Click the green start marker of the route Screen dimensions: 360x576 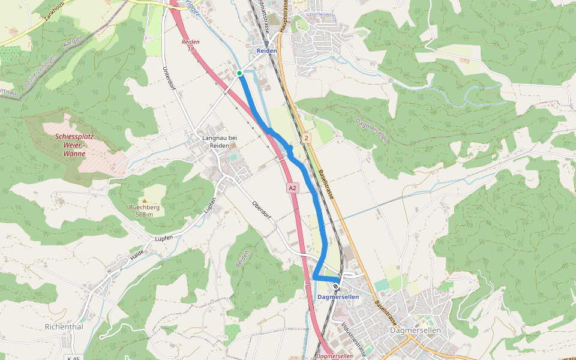pyautogui.click(x=239, y=73)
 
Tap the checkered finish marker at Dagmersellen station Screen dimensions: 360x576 pyautogui.click(x=335, y=286)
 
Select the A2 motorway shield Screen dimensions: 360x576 pyautogui.click(x=292, y=188)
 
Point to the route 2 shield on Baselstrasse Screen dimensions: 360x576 pyautogui.click(x=307, y=139)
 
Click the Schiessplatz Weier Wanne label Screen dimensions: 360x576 pyautogui.click(x=75, y=145)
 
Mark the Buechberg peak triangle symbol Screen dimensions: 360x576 pyautogui.click(x=144, y=200)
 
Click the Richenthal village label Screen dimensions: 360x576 pyautogui.click(x=64, y=327)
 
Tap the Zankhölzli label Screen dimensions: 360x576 pyautogui.click(x=54, y=13)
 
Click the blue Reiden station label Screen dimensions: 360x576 pyautogui.click(x=267, y=51)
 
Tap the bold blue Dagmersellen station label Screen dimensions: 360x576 pyautogui.click(x=338, y=297)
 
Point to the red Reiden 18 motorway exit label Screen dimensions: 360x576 pyautogui.click(x=190, y=45)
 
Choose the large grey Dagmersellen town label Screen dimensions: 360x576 pyautogui.click(x=415, y=331)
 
